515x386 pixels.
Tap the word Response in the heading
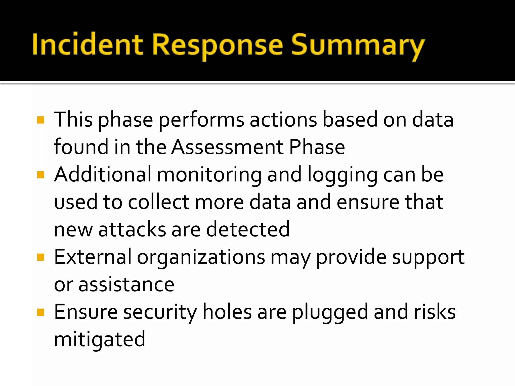[218, 45]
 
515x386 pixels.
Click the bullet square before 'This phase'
[40, 120]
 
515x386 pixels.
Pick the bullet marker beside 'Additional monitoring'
[40, 175]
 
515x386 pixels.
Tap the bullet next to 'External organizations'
[40, 257]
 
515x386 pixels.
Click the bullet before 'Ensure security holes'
[40, 312]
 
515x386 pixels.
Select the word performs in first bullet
[201, 120]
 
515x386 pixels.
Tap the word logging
[342, 175]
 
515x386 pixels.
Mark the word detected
[248, 229]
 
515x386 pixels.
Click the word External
[93, 257]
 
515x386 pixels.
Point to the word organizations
[201, 258]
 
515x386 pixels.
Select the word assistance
[126, 285]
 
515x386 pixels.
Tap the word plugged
[330, 312]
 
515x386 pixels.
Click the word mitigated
[100, 340]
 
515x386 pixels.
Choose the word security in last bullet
[160, 312]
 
